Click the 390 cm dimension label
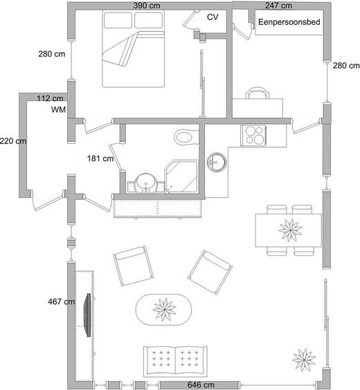tap(147, 6)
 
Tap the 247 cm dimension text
tap(278, 6)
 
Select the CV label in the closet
tap(213, 17)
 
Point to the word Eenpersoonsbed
tap(289, 22)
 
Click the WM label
tap(58, 110)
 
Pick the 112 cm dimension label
tap(50, 98)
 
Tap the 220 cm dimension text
tap(13, 141)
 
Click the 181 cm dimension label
tap(100, 158)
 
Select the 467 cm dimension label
tap(61, 301)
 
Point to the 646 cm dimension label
tap(201, 384)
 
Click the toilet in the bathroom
tap(186, 137)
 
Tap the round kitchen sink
tap(217, 162)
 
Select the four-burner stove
tap(253, 136)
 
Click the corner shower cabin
tap(182, 176)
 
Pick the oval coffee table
tap(163, 310)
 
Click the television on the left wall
tap(88, 315)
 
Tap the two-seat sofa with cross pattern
tap(175, 361)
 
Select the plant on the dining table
tap(290, 230)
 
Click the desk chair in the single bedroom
tap(257, 93)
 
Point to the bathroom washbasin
tap(146, 183)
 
